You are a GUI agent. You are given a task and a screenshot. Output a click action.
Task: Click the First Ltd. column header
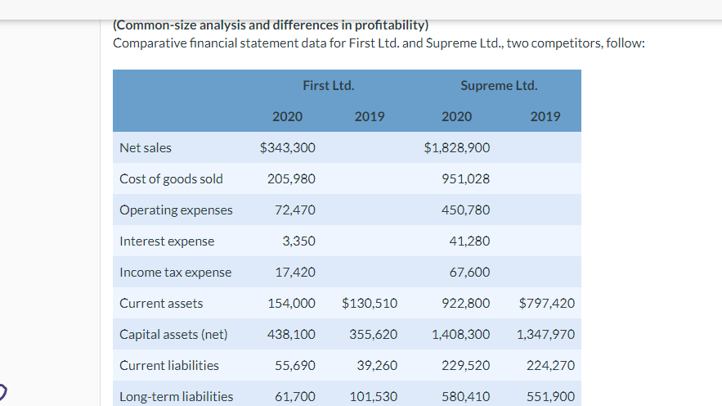[328, 85]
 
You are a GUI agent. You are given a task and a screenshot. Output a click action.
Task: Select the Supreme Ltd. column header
[499, 85]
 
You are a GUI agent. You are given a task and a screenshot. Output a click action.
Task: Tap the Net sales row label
[146, 148]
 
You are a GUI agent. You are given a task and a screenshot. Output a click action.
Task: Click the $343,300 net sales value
[287, 148]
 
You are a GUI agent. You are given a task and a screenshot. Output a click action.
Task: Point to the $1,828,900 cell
[457, 148]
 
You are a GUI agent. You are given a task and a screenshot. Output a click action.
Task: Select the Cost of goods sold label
[171, 179]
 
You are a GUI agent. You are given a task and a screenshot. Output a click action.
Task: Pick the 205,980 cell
[291, 179]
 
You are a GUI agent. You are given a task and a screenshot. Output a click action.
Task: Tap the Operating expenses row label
[176, 210]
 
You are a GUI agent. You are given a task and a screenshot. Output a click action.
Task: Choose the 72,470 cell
[294, 210]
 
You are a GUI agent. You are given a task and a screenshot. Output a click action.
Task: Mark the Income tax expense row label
[175, 273]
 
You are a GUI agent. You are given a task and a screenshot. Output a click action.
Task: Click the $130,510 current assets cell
[370, 304]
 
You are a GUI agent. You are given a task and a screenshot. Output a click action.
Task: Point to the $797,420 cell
[546, 304]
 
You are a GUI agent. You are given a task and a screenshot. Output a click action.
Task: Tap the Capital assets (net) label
[173, 335]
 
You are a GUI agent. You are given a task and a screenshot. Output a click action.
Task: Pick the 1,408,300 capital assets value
[460, 335]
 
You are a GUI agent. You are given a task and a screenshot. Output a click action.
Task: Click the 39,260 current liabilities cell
[377, 366]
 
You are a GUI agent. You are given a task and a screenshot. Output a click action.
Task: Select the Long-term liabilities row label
[176, 397]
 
